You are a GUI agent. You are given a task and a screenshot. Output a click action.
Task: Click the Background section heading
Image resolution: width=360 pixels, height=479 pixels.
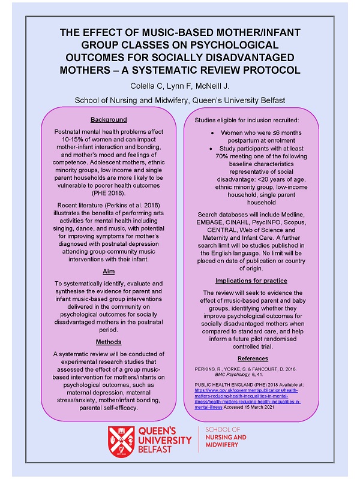109,119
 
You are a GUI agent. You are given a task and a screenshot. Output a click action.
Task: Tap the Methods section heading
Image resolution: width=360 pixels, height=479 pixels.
109,342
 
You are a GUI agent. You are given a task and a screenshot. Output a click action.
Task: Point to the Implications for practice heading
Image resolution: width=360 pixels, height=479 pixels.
252,281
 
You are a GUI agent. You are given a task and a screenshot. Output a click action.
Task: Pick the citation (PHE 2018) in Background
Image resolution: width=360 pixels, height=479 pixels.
109,194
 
